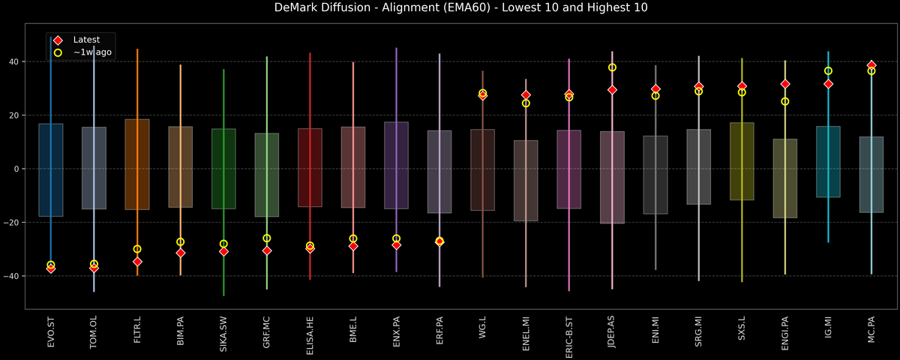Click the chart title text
[449, 8]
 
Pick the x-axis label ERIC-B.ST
[569, 329]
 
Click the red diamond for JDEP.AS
[612, 90]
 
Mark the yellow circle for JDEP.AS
[612, 67]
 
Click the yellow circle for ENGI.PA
[785, 101]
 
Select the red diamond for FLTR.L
[137, 262]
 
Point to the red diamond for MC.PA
[871, 65]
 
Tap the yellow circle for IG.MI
[828, 71]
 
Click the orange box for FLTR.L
[137, 164]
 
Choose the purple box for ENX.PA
[396, 165]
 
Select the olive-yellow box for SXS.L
[742, 161]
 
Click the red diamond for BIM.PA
[180, 253]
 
